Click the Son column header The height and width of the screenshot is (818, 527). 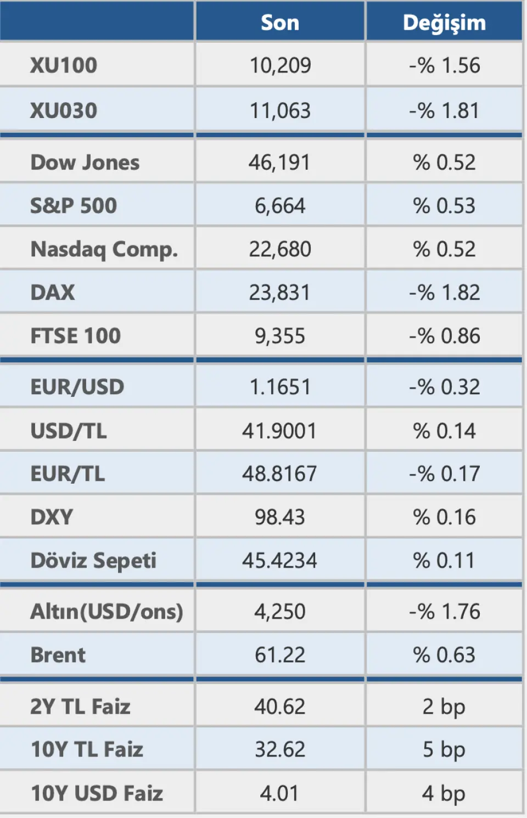(x=280, y=23)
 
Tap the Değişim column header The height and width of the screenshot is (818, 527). (x=444, y=23)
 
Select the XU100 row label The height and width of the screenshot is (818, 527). (x=64, y=66)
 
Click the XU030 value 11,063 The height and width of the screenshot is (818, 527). (x=280, y=111)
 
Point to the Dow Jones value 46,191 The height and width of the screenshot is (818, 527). (x=280, y=163)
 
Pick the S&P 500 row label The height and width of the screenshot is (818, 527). (x=74, y=206)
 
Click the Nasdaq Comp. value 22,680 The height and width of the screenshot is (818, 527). (x=280, y=249)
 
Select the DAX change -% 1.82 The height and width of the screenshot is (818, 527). (x=444, y=293)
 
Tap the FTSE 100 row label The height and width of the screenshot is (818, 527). (x=75, y=336)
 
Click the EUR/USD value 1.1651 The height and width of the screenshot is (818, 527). (x=280, y=387)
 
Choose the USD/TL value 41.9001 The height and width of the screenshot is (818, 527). (x=280, y=431)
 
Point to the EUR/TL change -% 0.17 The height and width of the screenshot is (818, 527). (x=444, y=474)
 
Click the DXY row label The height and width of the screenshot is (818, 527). (x=52, y=517)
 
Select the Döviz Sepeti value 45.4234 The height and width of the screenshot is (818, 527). (x=280, y=561)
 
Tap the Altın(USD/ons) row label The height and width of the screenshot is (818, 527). (x=106, y=612)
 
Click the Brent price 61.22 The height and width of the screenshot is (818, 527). (x=280, y=655)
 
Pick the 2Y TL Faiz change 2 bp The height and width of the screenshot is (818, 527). (x=444, y=707)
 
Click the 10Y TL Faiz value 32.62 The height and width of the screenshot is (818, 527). (x=280, y=749)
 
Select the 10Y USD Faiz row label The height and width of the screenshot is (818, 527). (x=97, y=793)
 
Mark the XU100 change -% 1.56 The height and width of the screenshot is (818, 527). (x=444, y=66)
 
